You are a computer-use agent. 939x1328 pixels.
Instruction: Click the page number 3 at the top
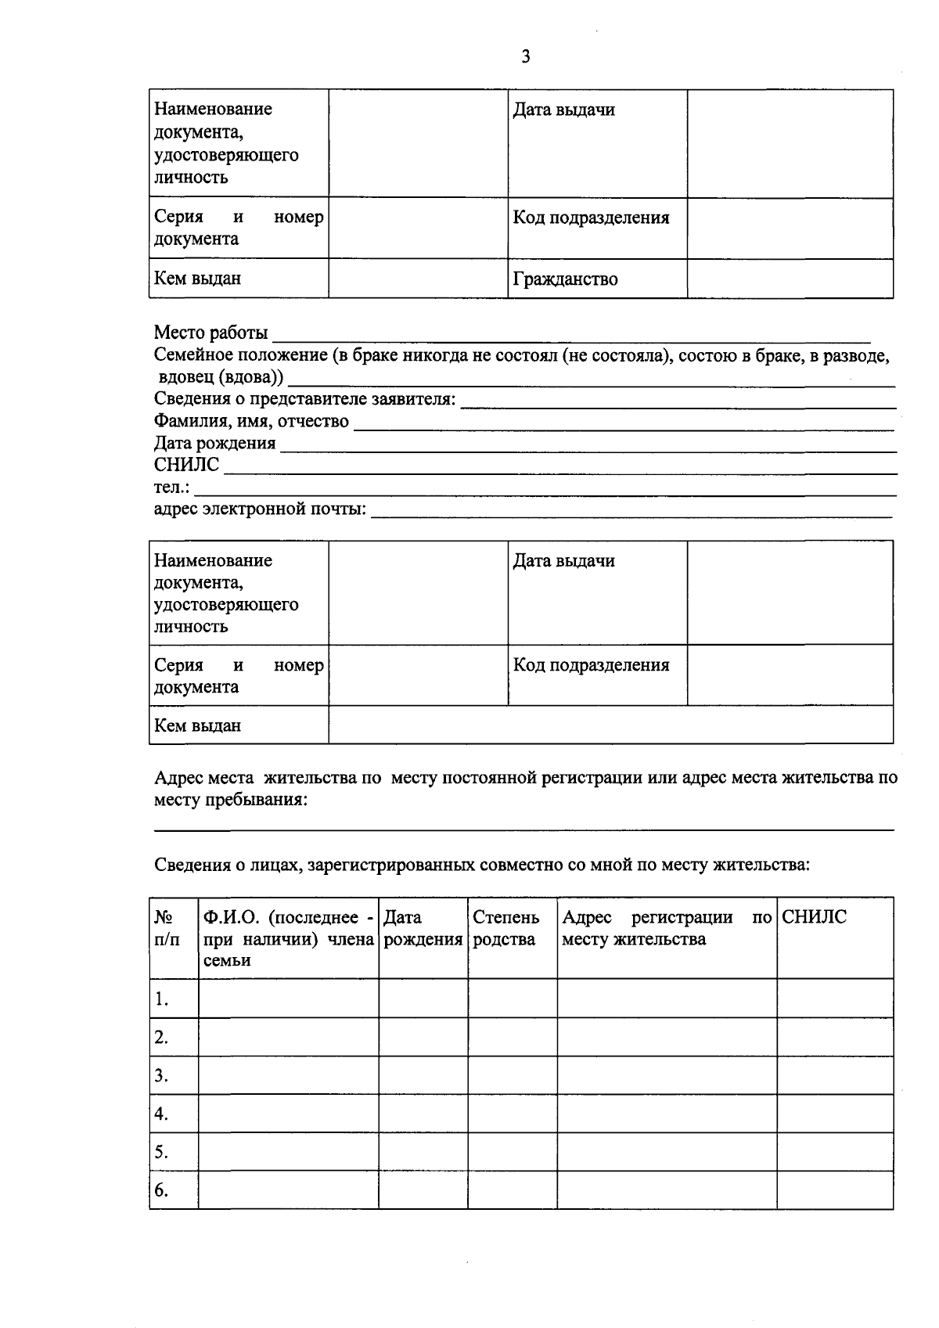[x=526, y=56]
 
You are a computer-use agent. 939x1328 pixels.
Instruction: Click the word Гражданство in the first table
[x=565, y=279]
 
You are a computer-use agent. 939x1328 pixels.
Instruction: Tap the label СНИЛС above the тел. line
[x=186, y=465]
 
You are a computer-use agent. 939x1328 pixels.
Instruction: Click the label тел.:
[x=171, y=488]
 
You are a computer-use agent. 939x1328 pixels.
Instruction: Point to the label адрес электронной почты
[x=260, y=509]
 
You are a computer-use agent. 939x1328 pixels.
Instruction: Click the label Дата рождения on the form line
[x=214, y=443]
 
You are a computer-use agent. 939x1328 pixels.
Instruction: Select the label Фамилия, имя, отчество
[x=251, y=421]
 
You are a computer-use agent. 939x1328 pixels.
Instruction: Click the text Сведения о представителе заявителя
[x=304, y=399]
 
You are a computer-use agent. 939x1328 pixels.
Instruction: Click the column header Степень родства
[x=506, y=928]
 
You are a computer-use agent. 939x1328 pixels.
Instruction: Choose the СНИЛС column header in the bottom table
[x=814, y=917]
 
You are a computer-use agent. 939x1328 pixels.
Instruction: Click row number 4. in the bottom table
[x=161, y=1114]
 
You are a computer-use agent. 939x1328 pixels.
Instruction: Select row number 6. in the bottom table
[x=161, y=1190]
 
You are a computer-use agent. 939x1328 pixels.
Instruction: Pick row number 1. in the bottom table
[x=161, y=999]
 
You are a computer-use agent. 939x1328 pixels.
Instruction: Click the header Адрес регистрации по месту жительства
[x=666, y=928]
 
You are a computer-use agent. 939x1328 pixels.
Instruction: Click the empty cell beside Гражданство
[x=790, y=279]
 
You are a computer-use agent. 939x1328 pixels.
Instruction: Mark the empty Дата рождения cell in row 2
[x=423, y=1037]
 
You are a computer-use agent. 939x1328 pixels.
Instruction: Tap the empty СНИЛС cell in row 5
[x=834, y=1152]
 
